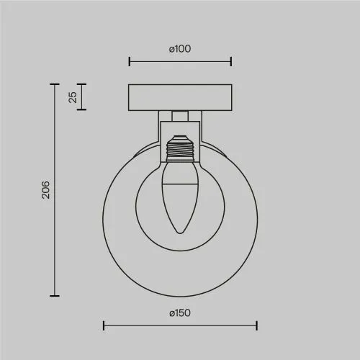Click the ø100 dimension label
(x=180, y=49)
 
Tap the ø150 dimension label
(x=180, y=313)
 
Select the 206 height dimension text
(x=45, y=190)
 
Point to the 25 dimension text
(x=73, y=97)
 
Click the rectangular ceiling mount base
(x=180, y=97)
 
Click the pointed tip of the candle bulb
(x=180, y=233)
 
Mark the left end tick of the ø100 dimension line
(x=130, y=61)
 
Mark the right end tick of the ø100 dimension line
(x=231, y=61)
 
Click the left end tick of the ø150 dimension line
(x=104, y=325)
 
